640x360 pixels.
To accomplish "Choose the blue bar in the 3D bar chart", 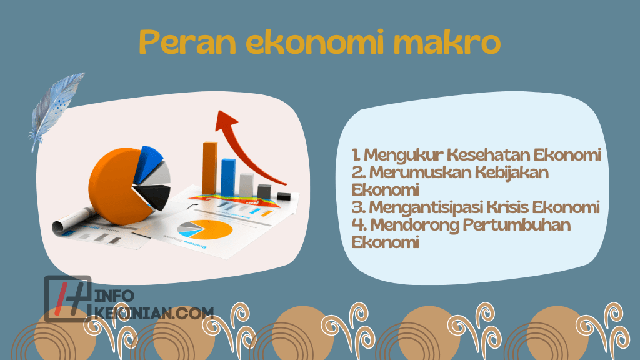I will point(228,177).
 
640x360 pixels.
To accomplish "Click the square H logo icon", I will point(67,299).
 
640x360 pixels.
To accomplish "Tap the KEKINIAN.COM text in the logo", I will point(156,312).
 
